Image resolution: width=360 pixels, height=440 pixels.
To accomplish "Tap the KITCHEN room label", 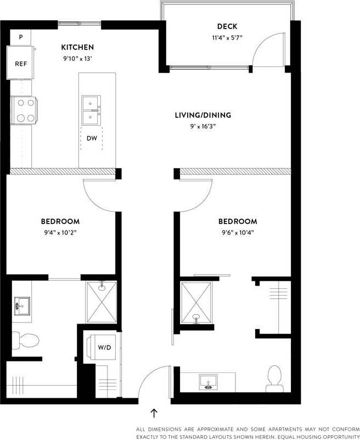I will (x=77, y=47).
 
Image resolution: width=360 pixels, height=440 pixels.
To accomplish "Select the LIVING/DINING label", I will (x=203, y=115).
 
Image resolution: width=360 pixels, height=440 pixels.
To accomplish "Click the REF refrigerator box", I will (x=21, y=64).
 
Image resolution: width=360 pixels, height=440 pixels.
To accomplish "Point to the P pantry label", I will (x=21, y=37).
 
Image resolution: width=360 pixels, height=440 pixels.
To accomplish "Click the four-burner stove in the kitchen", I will (x=23, y=110).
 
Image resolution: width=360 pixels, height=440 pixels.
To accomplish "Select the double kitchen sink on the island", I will (x=91, y=110).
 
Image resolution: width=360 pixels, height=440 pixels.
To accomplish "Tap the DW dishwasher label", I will (x=92, y=138).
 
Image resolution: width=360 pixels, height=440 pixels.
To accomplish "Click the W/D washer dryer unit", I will (x=98, y=347).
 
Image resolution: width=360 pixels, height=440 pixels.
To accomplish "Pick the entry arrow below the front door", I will (x=154, y=413).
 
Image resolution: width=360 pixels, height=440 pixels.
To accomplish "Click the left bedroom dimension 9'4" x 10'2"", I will (x=60, y=232).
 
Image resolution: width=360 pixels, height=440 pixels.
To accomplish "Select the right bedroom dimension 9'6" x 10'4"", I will (x=237, y=232).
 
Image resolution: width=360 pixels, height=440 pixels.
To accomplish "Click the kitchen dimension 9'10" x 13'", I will (x=77, y=58).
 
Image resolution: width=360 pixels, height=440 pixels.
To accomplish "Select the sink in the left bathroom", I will (x=23, y=304).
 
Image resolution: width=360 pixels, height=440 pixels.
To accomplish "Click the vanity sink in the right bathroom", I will (x=209, y=382).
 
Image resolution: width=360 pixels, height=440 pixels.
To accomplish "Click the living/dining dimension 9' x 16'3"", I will (x=203, y=126).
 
